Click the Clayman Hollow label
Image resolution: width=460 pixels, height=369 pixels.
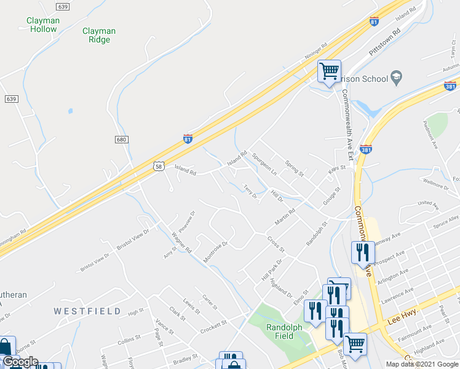tap(43, 25)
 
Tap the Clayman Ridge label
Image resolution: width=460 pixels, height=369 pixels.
tap(98, 35)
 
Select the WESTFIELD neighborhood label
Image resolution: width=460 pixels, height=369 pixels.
tap(87, 311)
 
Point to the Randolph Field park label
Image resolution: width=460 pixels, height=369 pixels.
tap(284, 332)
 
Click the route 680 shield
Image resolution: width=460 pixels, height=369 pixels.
tap(122, 140)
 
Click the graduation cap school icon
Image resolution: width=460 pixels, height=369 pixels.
tap(397, 78)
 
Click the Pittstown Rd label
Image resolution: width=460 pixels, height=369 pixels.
tap(385, 42)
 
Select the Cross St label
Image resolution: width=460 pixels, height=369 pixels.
tap(276, 244)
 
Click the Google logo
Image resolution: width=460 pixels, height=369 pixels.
tap(20, 362)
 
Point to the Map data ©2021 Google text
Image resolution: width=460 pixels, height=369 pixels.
tap(421, 364)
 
